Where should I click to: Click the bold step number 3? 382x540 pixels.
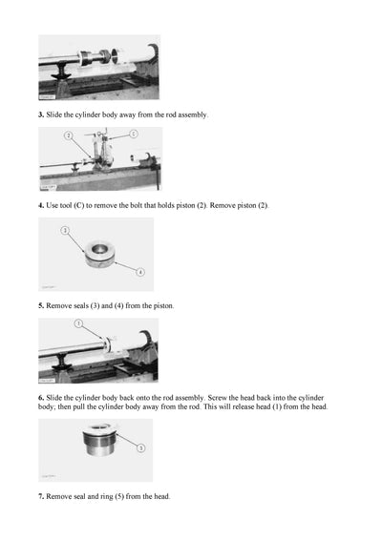pos(41,114)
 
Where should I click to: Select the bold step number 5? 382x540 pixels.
pos(41,305)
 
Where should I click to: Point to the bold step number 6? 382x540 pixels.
pos(41,396)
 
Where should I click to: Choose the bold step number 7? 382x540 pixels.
pos(41,496)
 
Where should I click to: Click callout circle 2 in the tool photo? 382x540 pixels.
pos(69,136)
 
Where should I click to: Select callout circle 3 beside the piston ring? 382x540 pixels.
pos(64,230)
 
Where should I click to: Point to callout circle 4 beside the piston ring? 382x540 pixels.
pos(140,272)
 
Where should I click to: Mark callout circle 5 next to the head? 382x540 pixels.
pos(141,447)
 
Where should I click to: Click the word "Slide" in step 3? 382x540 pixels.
pos(55,114)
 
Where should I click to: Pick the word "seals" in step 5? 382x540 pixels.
pos(84,305)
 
